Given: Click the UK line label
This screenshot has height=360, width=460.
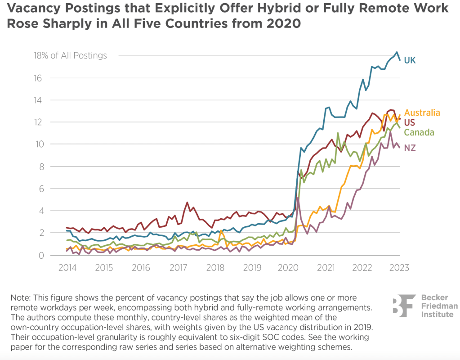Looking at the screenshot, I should click(410, 60).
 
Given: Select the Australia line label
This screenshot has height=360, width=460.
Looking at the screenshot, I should click(422, 113).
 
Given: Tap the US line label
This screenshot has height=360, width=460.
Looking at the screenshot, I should click(409, 122).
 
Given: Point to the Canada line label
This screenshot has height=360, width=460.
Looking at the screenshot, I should click(419, 132).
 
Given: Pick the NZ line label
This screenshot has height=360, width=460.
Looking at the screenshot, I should click(409, 148).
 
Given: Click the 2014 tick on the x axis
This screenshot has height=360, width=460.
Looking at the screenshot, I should click(67, 267).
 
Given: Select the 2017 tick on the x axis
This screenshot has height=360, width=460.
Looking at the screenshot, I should click(178, 267).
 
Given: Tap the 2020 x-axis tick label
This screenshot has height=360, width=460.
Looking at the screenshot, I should click(288, 267).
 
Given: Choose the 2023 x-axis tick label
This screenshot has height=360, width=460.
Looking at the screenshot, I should click(399, 267).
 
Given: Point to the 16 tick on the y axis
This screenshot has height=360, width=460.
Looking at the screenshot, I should click(38, 78).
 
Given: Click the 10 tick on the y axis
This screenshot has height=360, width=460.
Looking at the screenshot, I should click(38, 144).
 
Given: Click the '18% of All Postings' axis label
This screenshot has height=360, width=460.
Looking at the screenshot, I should click(70, 56).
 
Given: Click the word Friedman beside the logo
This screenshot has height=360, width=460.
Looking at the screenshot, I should click(439, 306).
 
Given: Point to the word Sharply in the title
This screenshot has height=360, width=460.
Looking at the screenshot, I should click(75, 23).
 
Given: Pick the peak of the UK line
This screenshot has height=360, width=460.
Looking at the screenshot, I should click(396, 52).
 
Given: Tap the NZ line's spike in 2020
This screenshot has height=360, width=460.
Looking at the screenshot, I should click(298, 197).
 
